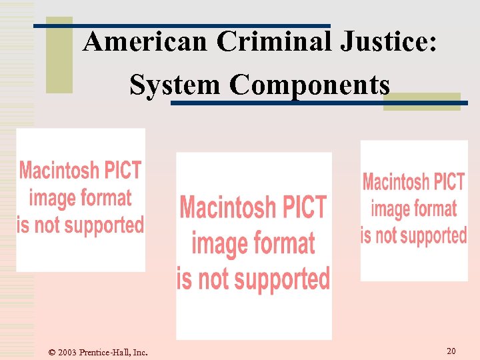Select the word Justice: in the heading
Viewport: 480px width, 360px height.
click(x=389, y=41)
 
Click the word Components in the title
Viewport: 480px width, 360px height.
click(x=309, y=85)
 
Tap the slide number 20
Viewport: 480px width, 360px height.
click(x=451, y=351)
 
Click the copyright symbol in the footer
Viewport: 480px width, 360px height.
click(x=52, y=352)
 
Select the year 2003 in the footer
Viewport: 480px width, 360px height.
click(x=67, y=352)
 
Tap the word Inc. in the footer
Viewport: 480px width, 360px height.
click(x=140, y=352)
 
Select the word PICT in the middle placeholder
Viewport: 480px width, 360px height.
click(x=301, y=207)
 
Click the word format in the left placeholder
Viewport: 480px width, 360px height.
click(x=104, y=198)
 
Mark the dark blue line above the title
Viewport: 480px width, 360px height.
click(x=182, y=25)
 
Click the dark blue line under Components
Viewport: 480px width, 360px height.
click(x=319, y=103)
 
